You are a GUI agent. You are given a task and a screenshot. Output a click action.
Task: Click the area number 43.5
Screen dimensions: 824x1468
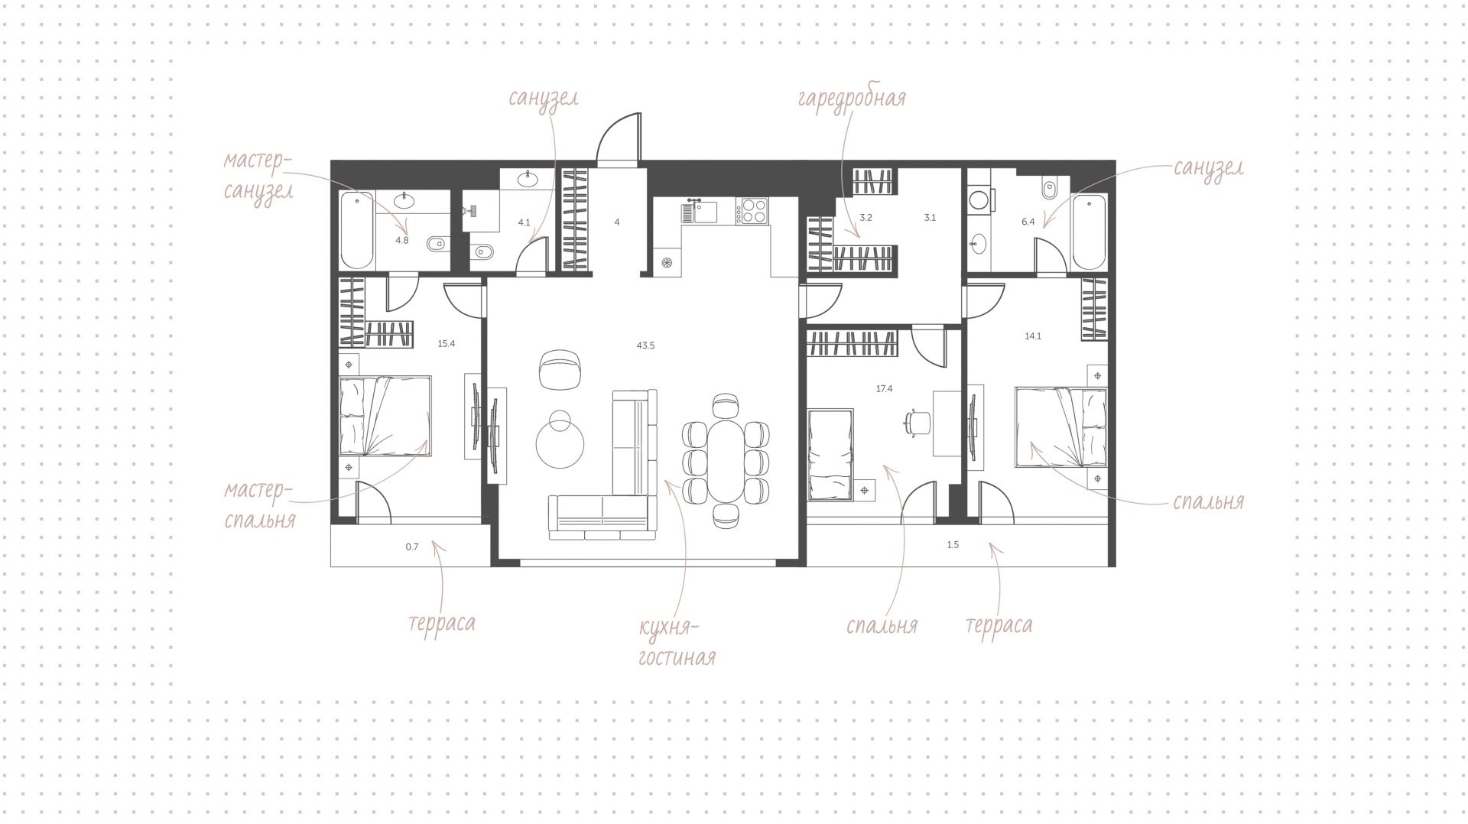645,345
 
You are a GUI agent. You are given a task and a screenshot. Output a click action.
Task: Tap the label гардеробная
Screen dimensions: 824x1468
852,99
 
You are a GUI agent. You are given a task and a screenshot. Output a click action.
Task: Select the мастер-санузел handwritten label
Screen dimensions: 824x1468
258,176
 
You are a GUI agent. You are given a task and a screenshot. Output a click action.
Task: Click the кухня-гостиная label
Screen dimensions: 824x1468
677,641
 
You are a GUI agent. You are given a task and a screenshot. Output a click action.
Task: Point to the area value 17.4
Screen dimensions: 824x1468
884,389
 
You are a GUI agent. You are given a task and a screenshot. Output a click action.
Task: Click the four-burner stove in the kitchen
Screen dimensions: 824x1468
752,211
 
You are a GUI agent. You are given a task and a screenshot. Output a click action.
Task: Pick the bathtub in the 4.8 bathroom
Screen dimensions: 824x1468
356,230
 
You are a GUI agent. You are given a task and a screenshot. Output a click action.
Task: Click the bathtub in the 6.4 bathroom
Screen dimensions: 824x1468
1088,232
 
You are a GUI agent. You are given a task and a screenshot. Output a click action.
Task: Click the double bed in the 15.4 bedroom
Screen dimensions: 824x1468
385,416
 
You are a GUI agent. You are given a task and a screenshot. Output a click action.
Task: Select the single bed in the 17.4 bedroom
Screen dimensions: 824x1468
830,454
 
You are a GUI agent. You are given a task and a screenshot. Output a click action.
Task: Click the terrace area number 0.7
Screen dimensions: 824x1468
412,547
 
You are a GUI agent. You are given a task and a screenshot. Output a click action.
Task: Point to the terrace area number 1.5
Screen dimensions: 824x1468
953,545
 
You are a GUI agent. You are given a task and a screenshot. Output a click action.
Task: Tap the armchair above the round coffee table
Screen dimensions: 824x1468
560,369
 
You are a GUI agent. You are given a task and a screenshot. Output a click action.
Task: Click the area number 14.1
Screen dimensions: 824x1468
1033,336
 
